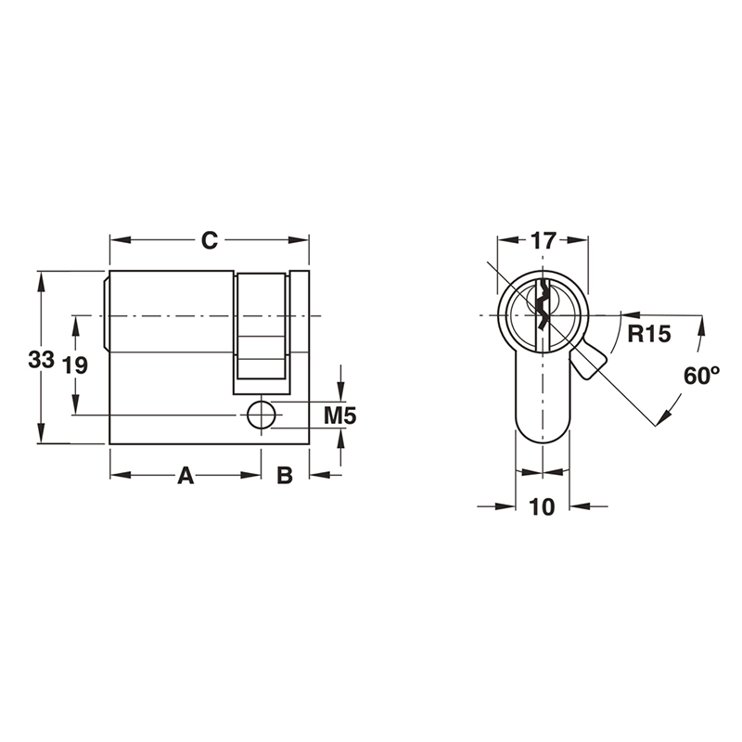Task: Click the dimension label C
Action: point(210,240)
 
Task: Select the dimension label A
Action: point(185,476)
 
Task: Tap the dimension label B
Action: point(286,476)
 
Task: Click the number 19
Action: point(74,365)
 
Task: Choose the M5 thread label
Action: point(339,416)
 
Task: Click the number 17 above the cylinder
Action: point(543,241)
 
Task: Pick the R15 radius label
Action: point(648,334)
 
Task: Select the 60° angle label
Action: point(701,376)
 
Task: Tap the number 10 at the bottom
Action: point(543,506)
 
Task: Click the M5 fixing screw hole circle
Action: point(262,416)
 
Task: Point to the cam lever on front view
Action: point(588,362)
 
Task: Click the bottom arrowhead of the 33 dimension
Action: point(40,435)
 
